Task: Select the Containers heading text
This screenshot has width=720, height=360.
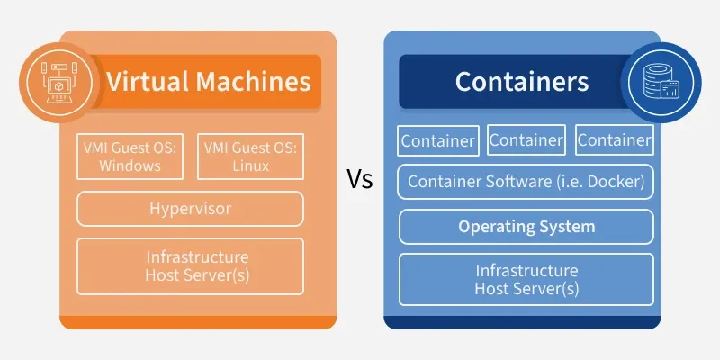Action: click(x=521, y=82)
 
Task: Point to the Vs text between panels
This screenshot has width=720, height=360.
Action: click(x=360, y=179)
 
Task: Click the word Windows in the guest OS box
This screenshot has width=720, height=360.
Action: click(x=130, y=166)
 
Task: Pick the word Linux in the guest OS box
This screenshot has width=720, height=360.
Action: click(x=250, y=166)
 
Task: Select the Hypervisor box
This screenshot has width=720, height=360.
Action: click(x=190, y=209)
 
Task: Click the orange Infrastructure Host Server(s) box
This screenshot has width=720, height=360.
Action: click(x=190, y=266)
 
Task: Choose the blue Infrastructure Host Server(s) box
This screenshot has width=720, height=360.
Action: click(x=526, y=280)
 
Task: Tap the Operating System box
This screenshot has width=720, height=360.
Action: click(x=526, y=227)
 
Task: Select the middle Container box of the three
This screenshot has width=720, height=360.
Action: click(x=526, y=140)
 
